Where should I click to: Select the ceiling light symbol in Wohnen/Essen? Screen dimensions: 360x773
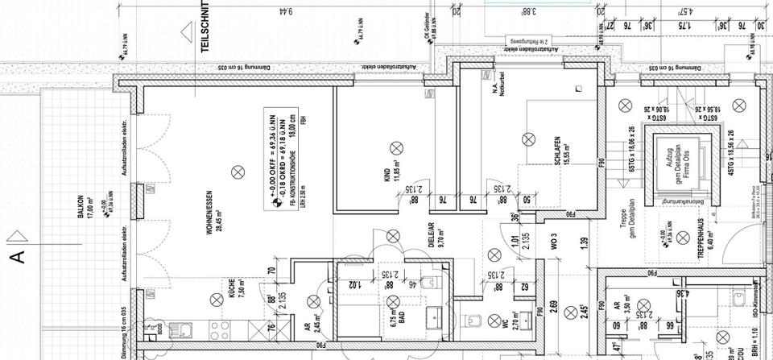pyautogui.click(x=236, y=171)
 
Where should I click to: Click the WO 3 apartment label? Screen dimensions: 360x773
pyautogui.click(x=555, y=239)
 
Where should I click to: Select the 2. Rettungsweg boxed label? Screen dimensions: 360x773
pyautogui.click(x=527, y=40)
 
